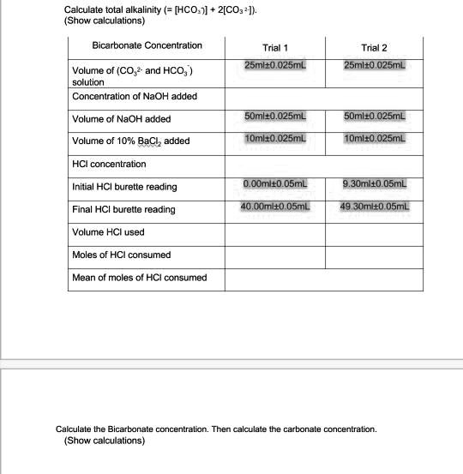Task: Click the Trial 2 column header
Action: [375, 48]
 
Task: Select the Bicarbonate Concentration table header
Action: [147, 45]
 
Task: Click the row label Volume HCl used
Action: [109, 232]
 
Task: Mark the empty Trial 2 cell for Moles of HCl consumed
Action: [376, 255]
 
